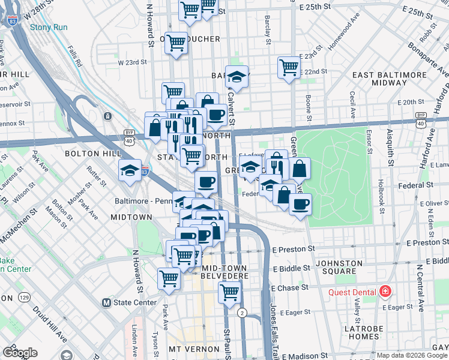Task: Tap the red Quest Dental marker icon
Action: click(385, 292)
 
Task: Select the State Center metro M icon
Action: click(107, 302)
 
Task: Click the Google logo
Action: click(20, 352)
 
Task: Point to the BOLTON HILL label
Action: click(86, 154)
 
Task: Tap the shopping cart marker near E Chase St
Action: click(229, 292)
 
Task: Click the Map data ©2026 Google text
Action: click(411, 355)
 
